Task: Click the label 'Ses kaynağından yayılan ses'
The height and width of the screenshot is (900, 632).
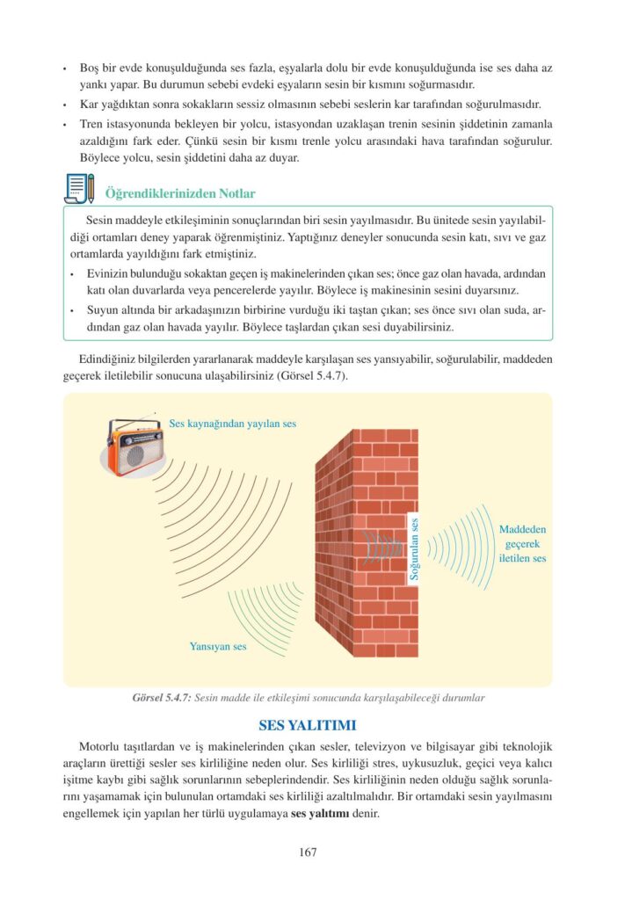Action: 232,424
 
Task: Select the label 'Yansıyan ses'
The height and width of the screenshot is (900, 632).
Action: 218,646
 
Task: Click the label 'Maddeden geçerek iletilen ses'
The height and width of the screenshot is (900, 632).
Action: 522,543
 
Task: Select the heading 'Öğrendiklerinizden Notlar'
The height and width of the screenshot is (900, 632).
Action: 179,193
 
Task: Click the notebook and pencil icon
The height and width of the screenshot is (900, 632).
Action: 79,189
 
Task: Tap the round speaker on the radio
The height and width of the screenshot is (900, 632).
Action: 134,455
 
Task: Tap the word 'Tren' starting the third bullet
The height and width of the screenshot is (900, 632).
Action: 91,125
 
